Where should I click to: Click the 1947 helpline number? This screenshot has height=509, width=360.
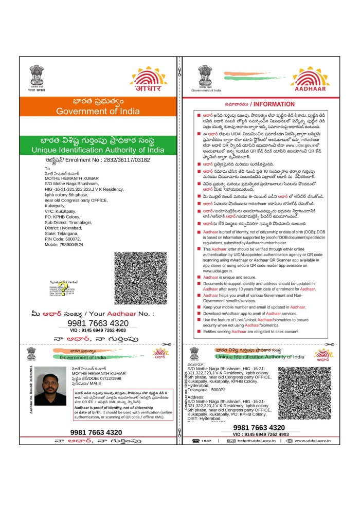(x=206, y=441)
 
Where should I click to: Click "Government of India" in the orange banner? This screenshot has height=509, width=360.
(x=98, y=111)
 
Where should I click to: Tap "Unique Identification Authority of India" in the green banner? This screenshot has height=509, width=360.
(x=98, y=150)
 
